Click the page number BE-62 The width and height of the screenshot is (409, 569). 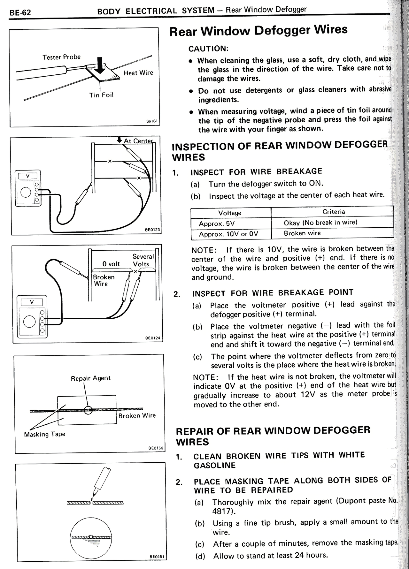pyautogui.click(x=20, y=13)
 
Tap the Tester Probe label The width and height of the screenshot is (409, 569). pyautogui.click(x=62, y=57)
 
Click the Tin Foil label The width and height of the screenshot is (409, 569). pyautogui.click(x=101, y=95)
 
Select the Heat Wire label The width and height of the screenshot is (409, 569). pyautogui.click(x=138, y=73)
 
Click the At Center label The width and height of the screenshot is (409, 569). pyautogui.click(x=138, y=141)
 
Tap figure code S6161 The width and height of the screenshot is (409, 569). pyautogui.click(x=152, y=121)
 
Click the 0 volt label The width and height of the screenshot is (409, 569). pyautogui.click(x=111, y=264)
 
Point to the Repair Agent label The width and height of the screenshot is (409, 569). pyautogui.click(x=90, y=378)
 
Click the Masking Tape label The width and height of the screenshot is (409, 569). pyautogui.click(x=44, y=434)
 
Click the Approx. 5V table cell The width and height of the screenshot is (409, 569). pyautogui.click(x=216, y=224)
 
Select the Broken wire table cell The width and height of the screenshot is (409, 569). pyautogui.click(x=302, y=233)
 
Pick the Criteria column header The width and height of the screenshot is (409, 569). pyautogui.click(x=333, y=212)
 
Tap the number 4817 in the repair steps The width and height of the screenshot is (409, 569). pyautogui.click(x=221, y=511)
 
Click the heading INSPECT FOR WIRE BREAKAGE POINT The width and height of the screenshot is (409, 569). pyautogui.click(x=273, y=293)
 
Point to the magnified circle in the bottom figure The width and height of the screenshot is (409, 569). pyautogui.click(x=91, y=538)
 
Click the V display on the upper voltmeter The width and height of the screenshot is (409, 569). pyautogui.click(x=28, y=176)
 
